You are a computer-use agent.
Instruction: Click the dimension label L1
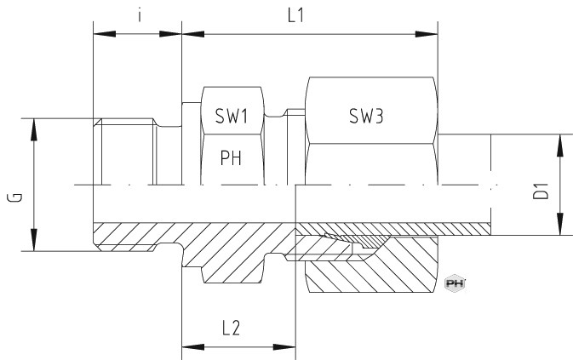coord(295,15)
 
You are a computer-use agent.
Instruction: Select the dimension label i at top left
coord(140,15)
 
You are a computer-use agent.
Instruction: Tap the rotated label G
coord(15,197)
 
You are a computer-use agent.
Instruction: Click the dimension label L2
coord(232,328)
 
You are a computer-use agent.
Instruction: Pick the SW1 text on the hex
coord(232,116)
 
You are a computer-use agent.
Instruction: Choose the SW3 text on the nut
coord(366,116)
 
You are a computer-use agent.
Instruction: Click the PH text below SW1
coord(231,157)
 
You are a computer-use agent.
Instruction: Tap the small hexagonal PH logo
coord(455,283)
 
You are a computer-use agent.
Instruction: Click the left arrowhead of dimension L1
coord(193,34)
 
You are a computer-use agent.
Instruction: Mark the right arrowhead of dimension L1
coord(427,34)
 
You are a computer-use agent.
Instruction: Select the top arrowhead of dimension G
coord(34,129)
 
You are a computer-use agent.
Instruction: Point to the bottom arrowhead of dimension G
coord(34,240)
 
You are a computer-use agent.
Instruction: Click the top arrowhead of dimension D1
coord(560,146)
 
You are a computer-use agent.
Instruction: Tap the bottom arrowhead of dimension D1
coord(560,224)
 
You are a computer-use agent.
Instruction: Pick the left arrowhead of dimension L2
coord(193,346)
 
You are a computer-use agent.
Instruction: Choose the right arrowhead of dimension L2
coord(284,346)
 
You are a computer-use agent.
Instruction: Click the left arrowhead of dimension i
coord(105,34)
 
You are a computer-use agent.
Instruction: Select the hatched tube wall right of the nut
coord(464,229)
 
